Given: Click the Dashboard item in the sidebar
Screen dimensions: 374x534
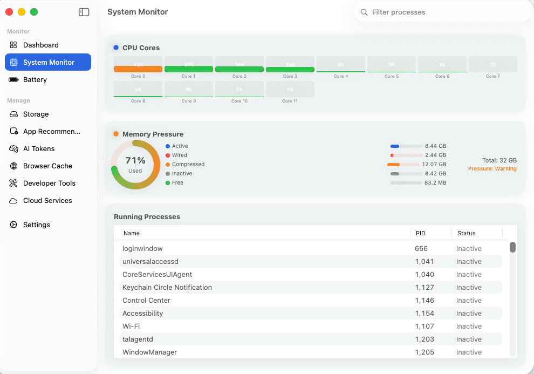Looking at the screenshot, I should (x=40, y=45).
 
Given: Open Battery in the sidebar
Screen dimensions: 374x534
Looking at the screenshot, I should (x=35, y=80).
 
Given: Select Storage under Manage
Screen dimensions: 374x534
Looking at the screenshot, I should (x=36, y=114).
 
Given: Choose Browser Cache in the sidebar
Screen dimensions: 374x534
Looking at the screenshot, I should (x=47, y=166).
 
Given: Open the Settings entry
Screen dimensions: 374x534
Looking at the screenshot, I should (x=36, y=225).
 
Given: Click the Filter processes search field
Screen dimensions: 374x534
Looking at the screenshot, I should (x=442, y=12).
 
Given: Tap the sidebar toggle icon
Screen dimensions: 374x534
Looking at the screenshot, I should (x=84, y=12).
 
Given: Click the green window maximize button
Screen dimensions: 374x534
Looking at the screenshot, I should (x=34, y=12).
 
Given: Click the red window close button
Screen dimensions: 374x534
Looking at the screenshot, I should (x=9, y=12).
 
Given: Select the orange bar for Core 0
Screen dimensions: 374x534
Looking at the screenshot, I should (x=138, y=69).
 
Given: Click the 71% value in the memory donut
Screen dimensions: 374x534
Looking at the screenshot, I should (x=135, y=160).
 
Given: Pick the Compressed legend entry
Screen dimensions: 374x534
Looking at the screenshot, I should (x=188, y=165).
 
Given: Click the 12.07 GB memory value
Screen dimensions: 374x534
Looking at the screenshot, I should (x=436, y=165).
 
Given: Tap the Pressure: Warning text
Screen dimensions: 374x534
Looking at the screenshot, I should (x=492, y=169).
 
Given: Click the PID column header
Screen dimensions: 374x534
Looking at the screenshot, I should (x=421, y=234).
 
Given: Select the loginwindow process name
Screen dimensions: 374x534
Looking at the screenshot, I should (x=142, y=249).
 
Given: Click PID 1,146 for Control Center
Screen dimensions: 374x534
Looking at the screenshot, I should (x=425, y=301).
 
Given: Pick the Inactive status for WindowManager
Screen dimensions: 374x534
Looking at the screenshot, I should (x=469, y=352).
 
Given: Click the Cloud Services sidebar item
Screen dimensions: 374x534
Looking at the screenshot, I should (x=47, y=201).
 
